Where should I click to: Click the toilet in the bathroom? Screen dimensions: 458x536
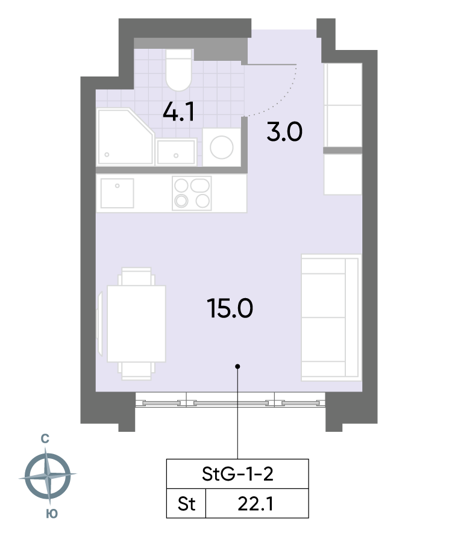pyautogui.click(x=178, y=70)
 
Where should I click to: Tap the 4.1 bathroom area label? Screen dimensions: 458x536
pyautogui.click(x=178, y=112)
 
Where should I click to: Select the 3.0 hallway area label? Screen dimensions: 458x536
pyautogui.click(x=284, y=132)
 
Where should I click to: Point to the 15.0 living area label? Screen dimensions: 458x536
pyautogui.click(x=230, y=308)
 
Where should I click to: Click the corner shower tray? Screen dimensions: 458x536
pyautogui.click(x=125, y=137)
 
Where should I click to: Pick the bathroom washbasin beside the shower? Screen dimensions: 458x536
pyautogui.click(x=176, y=152)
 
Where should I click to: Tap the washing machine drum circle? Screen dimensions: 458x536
pyautogui.click(x=222, y=148)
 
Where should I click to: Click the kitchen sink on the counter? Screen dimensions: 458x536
pyautogui.click(x=117, y=193)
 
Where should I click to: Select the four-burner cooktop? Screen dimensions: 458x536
pyautogui.click(x=192, y=193)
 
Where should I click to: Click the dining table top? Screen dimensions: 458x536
pyautogui.click(x=136, y=324)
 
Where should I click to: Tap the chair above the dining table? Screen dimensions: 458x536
pyautogui.click(x=136, y=276)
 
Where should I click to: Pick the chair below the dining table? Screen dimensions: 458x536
pyautogui.click(x=136, y=371)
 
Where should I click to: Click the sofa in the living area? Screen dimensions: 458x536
pyautogui.click(x=331, y=317)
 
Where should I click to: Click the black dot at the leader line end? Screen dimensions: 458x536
pyautogui.click(x=237, y=366)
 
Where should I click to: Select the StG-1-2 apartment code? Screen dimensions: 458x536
pyautogui.click(x=237, y=474)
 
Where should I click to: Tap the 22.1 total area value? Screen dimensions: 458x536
pyautogui.click(x=256, y=504)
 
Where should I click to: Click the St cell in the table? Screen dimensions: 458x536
pyautogui.click(x=186, y=504)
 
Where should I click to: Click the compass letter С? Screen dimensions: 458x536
pyautogui.click(x=45, y=438)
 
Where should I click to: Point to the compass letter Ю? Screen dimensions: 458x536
pyautogui.click(x=52, y=514)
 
